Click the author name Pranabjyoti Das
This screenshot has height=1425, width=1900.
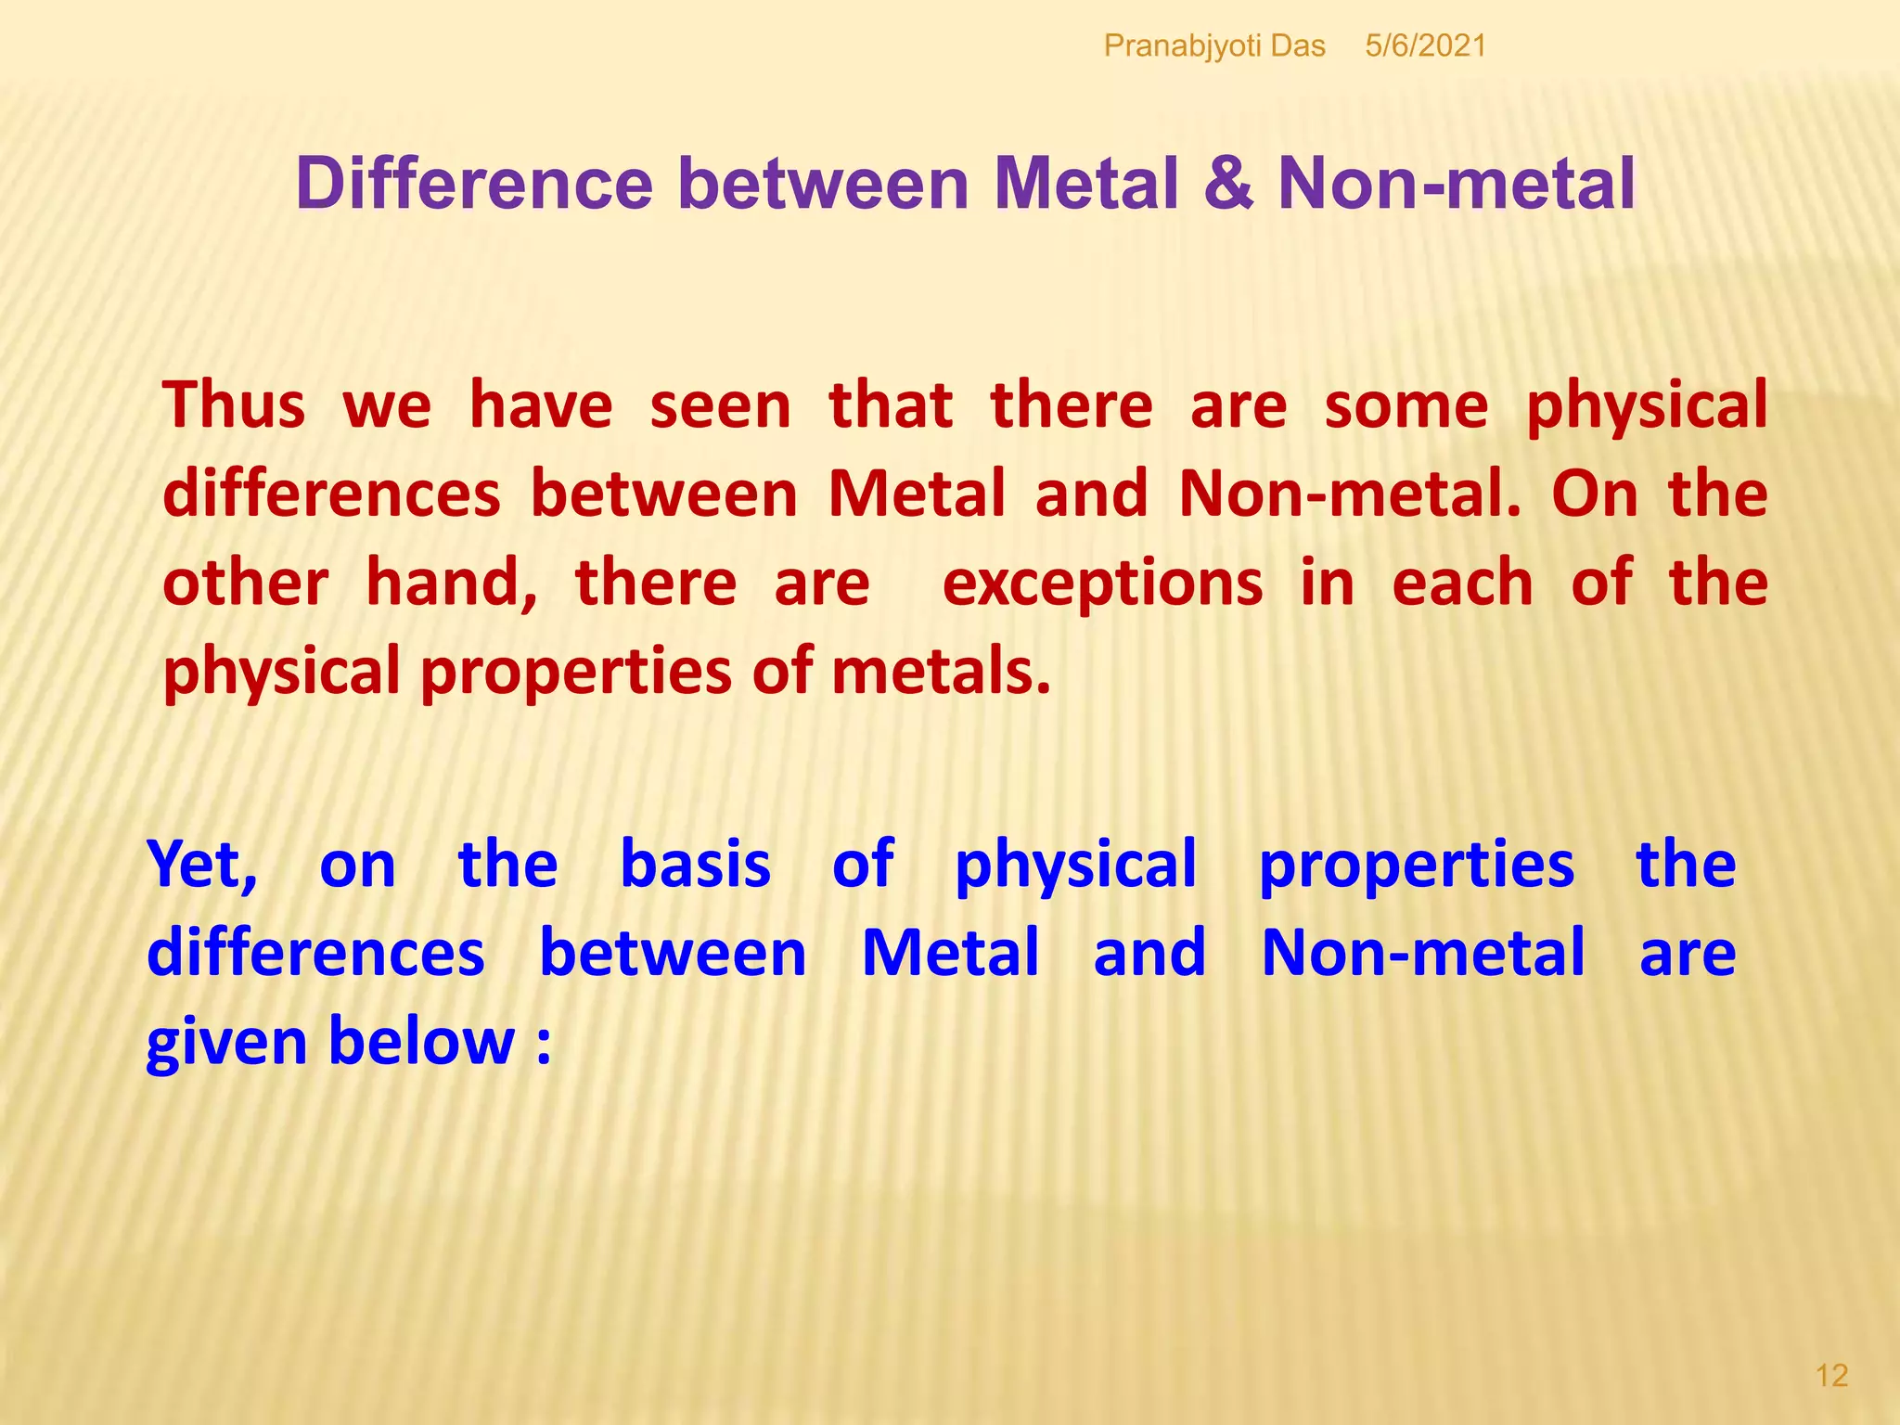pyautogui.click(x=1213, y=45)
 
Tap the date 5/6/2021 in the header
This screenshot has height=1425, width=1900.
pyautogui.click(x=1425, y=45)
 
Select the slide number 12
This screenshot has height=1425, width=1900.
pyautogui.click(x=1831, y=1375)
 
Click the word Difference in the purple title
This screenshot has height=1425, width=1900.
pyautogui.click(x=474, y=184)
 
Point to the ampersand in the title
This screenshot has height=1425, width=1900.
pyautogui.click(x=1228, y=184)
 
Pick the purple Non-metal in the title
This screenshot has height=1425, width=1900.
pyautogui.click(x=1456, y=184)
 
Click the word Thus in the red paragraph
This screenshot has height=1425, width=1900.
pyautogui.click(x=234, y=405)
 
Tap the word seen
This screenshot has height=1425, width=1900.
pyautogui.click(x=720, y=405)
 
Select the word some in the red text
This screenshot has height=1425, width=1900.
pyautogui.click(x=1406, y=405)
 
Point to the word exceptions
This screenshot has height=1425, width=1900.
pyautogui.click(x=1102, y=584)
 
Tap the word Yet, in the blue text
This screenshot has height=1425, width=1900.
pyautogui.click(x=203, y=865)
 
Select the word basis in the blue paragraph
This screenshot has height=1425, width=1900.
pyautogui.click(x=695, y=865)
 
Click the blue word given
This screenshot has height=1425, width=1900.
pyautogui.click(x=226, y=1043)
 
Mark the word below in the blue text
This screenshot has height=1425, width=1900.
pyautogui.click(x=421, y=1041)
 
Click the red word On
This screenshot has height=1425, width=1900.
pyautogui.click(x=1594, y=494)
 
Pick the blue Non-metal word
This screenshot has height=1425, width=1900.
pyautogui.click(x=1423, y=953)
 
